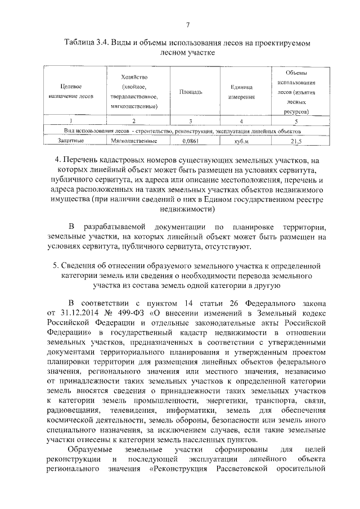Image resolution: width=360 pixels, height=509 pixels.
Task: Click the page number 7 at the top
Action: coord(188,24)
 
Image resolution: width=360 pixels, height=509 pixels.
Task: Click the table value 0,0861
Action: coord(191,141)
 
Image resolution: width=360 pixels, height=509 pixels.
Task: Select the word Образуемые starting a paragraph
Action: coord(89,450)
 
